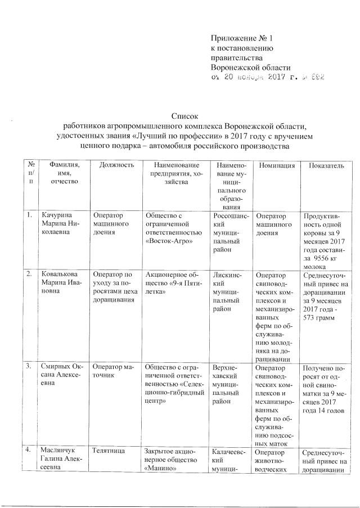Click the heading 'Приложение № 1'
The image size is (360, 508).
click(x=241, y=38)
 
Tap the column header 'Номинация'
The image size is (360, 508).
click(x=276, y=165)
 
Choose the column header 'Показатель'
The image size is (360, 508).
click(x=324, y=165)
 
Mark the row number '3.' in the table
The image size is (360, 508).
click(x=29, y=366)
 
